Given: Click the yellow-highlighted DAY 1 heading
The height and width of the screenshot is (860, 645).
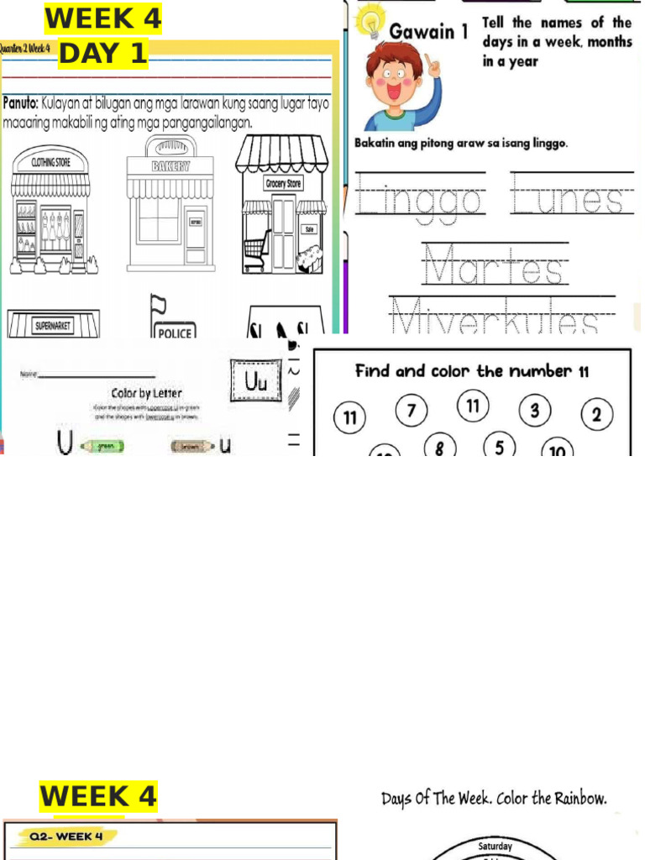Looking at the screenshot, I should [x=102, y=55].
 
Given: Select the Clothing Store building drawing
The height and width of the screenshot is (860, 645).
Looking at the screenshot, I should [x=50, y=214].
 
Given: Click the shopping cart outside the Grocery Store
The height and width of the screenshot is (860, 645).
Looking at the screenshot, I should [x=256, y=249].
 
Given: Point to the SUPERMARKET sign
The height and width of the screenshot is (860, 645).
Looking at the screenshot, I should [x=53, y=325].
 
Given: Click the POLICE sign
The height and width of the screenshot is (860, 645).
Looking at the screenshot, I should [x=175, y=333].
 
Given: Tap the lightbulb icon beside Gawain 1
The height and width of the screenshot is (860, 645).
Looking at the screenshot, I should [x=370, y=24].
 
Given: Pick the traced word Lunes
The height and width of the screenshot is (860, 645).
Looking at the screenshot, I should [x=572, y=199].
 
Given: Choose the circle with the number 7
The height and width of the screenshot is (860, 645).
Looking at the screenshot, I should [x=411, y=412].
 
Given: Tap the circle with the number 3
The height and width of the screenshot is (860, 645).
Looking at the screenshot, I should [x=534, y=411].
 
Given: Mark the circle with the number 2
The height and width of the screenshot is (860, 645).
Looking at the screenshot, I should [x=596, y=414].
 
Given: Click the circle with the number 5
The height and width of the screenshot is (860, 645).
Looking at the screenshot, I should [x=499, y=446].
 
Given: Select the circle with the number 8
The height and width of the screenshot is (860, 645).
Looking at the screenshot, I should [x=439, y=448].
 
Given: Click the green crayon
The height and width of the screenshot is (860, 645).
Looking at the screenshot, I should [x=102, y=446].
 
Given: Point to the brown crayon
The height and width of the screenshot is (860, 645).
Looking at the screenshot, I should [x=192, y=446].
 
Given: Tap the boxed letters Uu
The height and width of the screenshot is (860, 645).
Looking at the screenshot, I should [x=254, y=382].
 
